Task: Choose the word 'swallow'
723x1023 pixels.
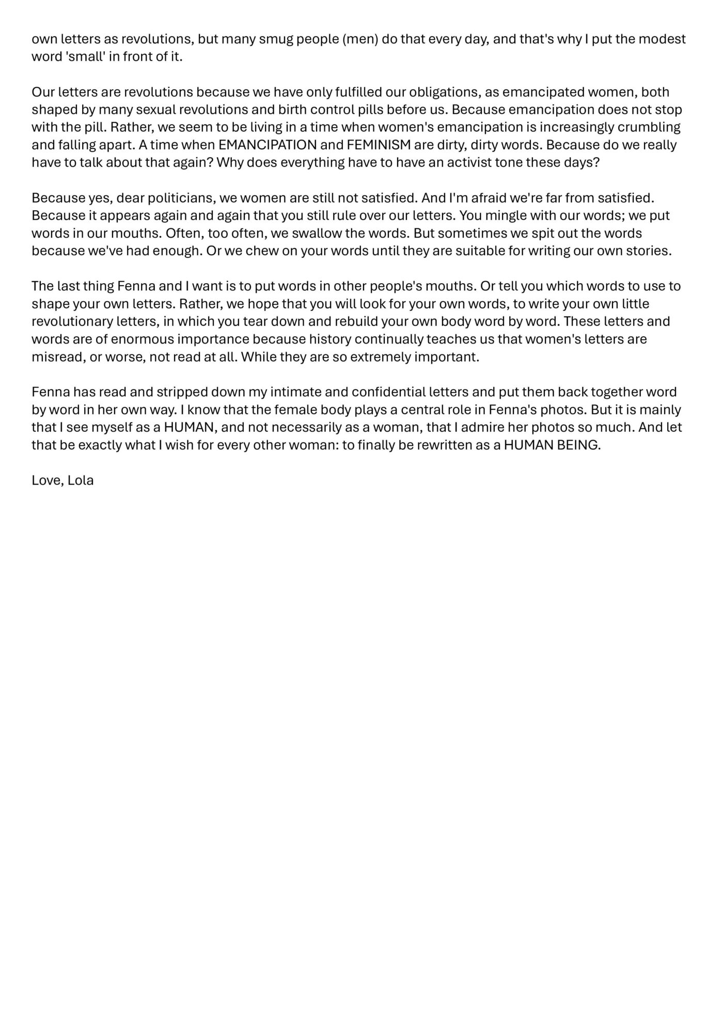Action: (316, 233)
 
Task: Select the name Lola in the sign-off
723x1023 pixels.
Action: (81, 481)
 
